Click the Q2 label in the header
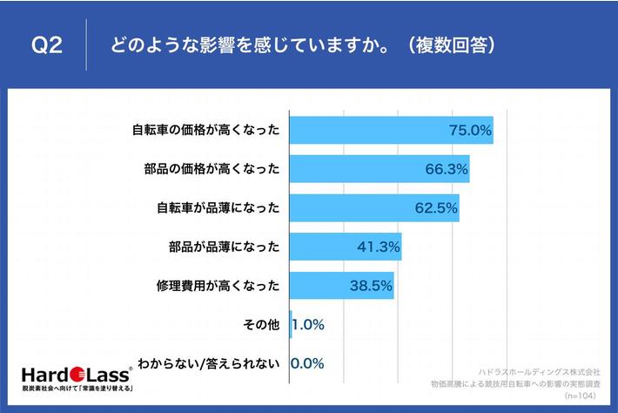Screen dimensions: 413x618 47,46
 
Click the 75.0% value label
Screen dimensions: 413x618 471,131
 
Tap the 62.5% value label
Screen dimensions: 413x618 436,208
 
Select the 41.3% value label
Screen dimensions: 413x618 379,247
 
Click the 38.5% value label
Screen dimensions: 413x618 371,286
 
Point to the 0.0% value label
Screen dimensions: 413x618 307,363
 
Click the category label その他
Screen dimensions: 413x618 261,325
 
